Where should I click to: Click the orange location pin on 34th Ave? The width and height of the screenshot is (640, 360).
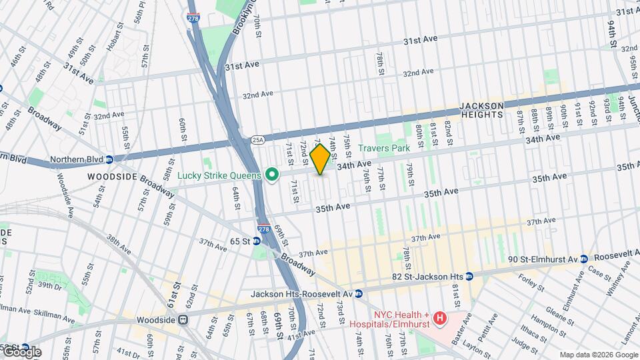tap(320, 159)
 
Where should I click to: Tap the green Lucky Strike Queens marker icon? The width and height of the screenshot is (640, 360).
tap(271, 175)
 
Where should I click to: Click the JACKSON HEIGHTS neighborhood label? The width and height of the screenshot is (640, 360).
tap(490, 110)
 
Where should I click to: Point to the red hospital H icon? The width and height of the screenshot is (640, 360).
tap(439, 319)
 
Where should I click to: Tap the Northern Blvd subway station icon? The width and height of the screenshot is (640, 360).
tap(109, 160)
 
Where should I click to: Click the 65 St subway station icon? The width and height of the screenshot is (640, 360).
tap(257, 240)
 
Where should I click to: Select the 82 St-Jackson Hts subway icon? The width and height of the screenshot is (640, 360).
tap(469, 276)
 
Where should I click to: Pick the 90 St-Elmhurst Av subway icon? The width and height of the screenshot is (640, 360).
tap(583, 259)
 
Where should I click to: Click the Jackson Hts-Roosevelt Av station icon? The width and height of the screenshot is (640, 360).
tap(359, 293)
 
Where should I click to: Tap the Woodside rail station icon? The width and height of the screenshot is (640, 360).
tap(182, 320)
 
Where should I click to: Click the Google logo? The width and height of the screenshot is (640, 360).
tap(22, 351)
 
